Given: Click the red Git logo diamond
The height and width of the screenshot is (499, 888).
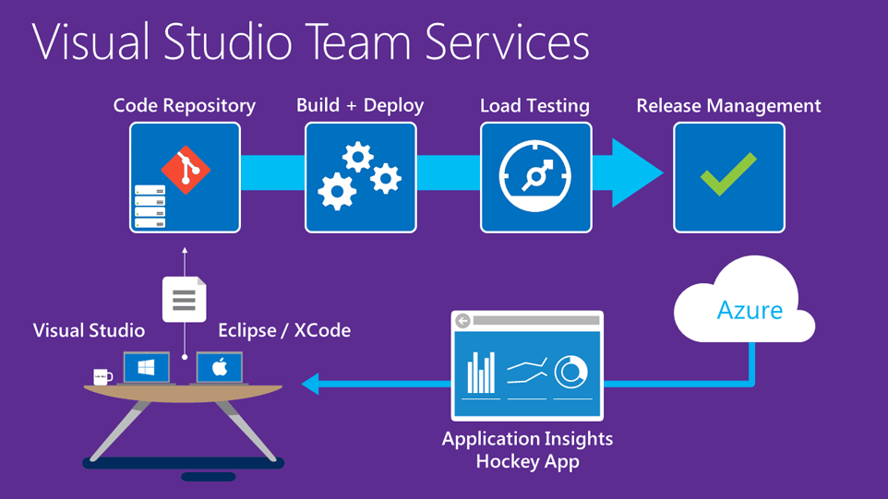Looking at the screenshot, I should [186, 170].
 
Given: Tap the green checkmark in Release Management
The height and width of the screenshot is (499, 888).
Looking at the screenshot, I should [728, 174].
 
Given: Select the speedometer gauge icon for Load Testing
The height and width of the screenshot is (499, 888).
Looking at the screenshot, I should [535, 175].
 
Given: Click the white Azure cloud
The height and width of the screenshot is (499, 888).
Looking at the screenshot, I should [744, 300].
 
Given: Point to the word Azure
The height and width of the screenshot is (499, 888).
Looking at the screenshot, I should [750, 310].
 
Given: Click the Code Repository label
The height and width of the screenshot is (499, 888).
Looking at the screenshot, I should [185, 106].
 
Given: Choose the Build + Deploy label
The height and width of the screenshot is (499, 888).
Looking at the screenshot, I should [360, 106].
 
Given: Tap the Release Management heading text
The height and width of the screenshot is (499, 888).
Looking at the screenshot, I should [728, 106].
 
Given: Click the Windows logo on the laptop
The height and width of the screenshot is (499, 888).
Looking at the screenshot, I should [146, 368].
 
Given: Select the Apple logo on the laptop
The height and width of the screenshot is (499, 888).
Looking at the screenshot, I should [220, 368].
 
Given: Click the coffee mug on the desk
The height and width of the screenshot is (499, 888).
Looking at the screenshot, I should [102, 376].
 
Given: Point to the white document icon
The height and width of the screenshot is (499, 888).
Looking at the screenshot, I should [184, 300].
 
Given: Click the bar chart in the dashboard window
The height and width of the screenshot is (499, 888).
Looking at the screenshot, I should [481, 374].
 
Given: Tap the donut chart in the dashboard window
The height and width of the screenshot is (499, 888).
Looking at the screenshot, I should [571, 372].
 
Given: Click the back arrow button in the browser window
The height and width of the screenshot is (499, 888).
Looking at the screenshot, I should [463, 321].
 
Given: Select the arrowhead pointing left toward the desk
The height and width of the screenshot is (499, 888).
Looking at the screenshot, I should [311, 382].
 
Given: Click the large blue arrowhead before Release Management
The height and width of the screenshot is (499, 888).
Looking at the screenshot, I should [637, 172].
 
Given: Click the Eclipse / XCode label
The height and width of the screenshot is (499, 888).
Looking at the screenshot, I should [284, 330].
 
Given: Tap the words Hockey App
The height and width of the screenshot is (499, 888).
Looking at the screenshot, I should [527, 461].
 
